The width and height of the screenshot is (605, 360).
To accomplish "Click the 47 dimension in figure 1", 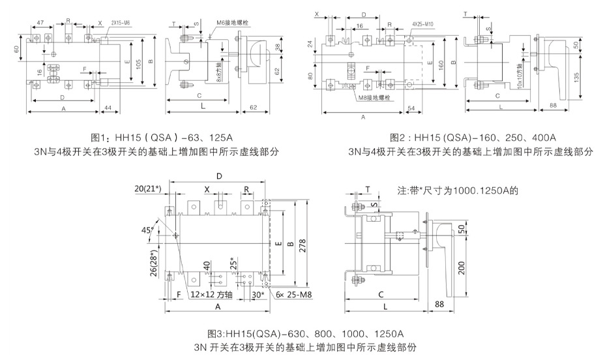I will (40, 22).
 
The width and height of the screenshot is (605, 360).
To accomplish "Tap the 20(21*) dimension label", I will (148, 189).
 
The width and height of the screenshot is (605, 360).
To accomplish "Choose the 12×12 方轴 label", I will (213, 294).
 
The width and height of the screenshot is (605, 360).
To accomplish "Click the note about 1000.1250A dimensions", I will (457, 192).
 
